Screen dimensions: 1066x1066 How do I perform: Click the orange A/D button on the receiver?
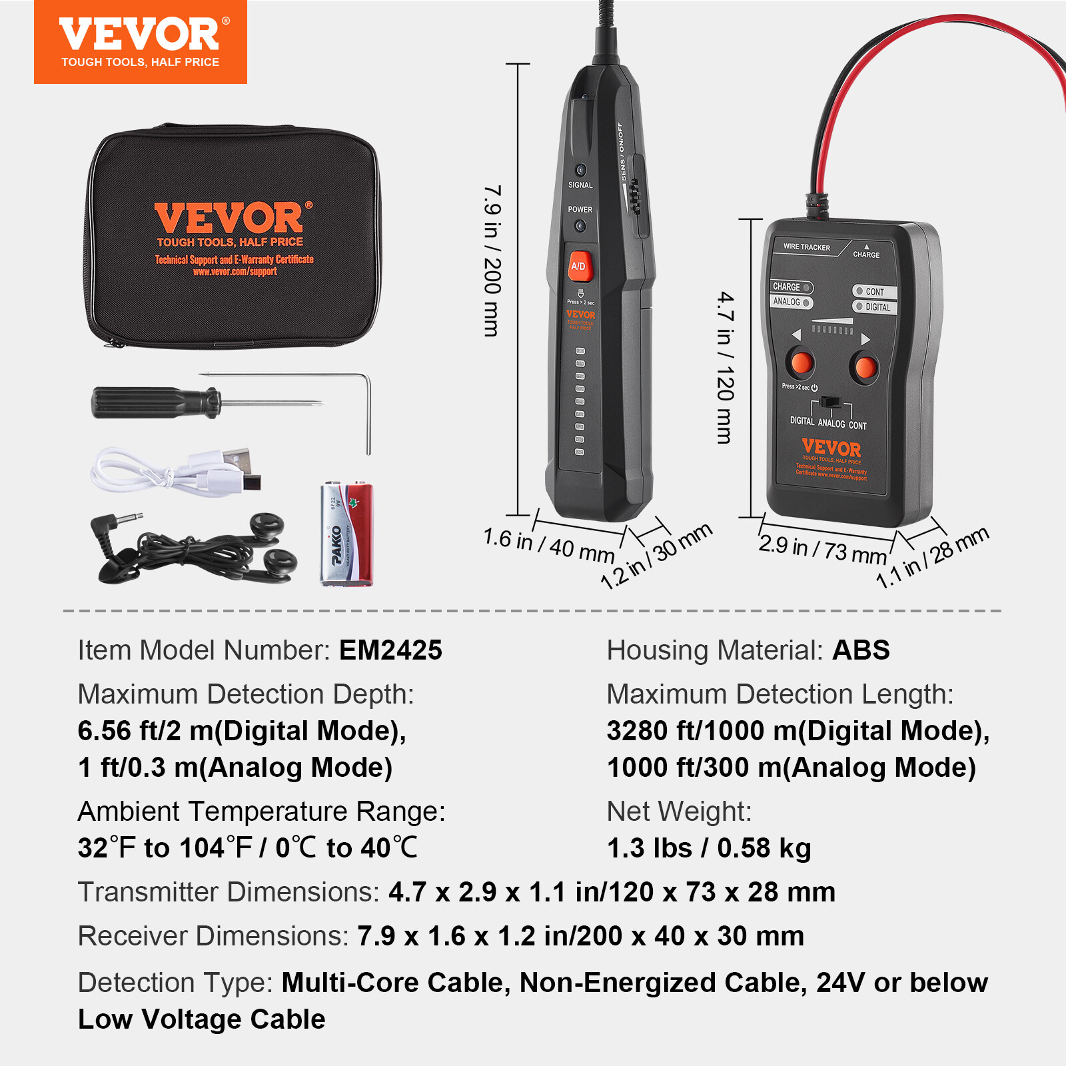point(578,266)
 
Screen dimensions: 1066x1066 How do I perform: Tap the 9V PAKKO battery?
point(346,534)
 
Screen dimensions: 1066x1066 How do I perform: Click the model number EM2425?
point(390,650)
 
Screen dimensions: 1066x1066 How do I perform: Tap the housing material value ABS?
point(861,650)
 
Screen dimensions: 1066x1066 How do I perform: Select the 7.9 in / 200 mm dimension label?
point(492,261)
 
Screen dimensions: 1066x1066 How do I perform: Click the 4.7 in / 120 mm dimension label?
point(726,367)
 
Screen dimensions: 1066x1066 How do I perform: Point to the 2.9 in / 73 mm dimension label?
point(822,550)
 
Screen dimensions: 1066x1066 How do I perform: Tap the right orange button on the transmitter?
point(865,367)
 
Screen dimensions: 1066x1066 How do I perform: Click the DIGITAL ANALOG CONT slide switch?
point(829,402)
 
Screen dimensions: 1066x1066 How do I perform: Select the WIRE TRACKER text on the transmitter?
point(806,247)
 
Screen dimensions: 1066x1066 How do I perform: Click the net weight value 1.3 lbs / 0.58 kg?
point(709,848)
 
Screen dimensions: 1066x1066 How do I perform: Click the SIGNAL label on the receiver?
point(580,185)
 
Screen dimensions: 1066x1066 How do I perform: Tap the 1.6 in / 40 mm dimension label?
point(548,545)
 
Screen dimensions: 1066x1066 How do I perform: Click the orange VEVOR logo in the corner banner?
point(140,35)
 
